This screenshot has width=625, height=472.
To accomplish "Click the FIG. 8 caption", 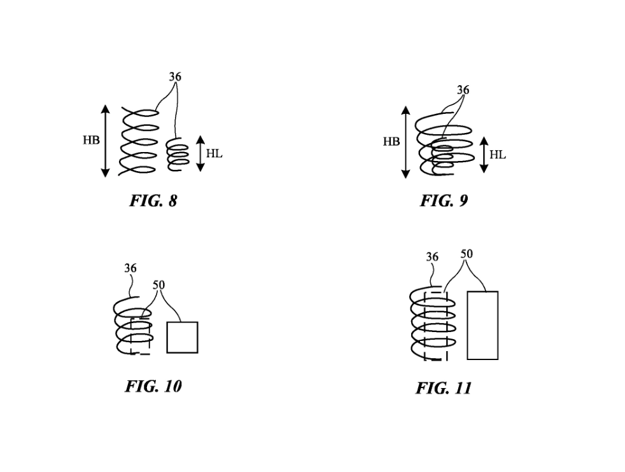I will click(x=153, y=202).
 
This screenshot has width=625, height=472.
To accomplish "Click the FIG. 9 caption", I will click(x=444, y=202).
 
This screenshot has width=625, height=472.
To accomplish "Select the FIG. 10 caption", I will click(x=153, y=386).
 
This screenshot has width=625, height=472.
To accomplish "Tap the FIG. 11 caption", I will click(x=444, y=388).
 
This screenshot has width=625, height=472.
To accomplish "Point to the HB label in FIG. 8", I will click(x=91, y=141).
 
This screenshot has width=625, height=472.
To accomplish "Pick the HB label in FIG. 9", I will click(x=391, y=142).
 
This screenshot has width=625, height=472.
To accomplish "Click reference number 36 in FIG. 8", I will click(x=175, y=77).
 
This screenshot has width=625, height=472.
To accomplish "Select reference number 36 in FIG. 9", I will click(x=463, y=90).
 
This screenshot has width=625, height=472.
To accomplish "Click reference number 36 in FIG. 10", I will click(x=130, y=268).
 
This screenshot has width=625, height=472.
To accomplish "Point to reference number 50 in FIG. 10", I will click(x=158, y=285).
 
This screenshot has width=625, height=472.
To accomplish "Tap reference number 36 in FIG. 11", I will click(x=432, y=257).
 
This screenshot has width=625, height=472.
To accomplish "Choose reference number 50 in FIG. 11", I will click(x=467, y=254).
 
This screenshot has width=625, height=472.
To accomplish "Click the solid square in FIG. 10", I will click(x=182, y=337).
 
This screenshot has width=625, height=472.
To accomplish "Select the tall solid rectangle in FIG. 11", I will click(x=482, y=325).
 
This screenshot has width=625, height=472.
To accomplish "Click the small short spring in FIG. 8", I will click(x=178, y=155).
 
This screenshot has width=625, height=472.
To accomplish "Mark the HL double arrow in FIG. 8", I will click(x=200, y=154).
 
